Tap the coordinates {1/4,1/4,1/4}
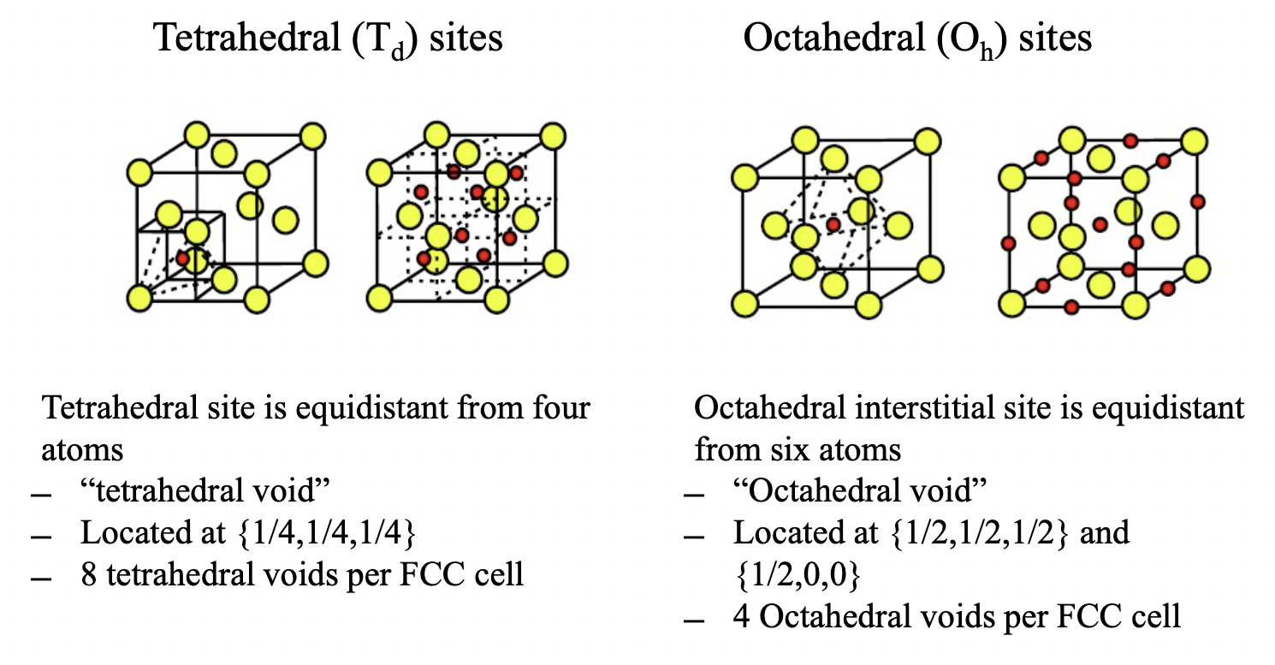click(324, 532)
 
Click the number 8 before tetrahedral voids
click(89, 574)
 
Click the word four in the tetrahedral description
click(560, 407)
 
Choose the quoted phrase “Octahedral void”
click(861, 491)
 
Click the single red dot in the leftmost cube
click(182, 258)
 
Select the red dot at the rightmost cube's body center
click(1101, 224)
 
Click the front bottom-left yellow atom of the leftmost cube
click(139, 298)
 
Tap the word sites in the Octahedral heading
click(1055, 39)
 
